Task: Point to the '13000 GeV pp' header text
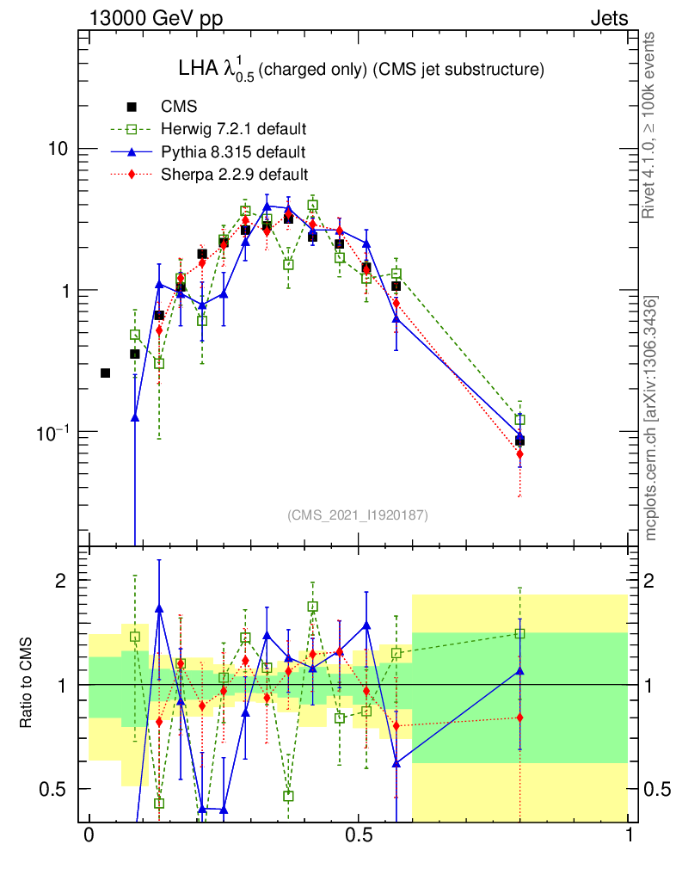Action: tap(156, 18)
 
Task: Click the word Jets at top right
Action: tap(609, 18)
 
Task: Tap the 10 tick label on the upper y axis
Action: tap(56, 149)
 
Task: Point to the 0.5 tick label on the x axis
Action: tap(358, 836)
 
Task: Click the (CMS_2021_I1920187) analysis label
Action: tap(358, 514)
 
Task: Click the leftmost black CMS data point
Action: tap(105, 373)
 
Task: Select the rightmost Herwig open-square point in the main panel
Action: tap(519, 420)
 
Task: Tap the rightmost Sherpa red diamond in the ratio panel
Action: tap(519, 718)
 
